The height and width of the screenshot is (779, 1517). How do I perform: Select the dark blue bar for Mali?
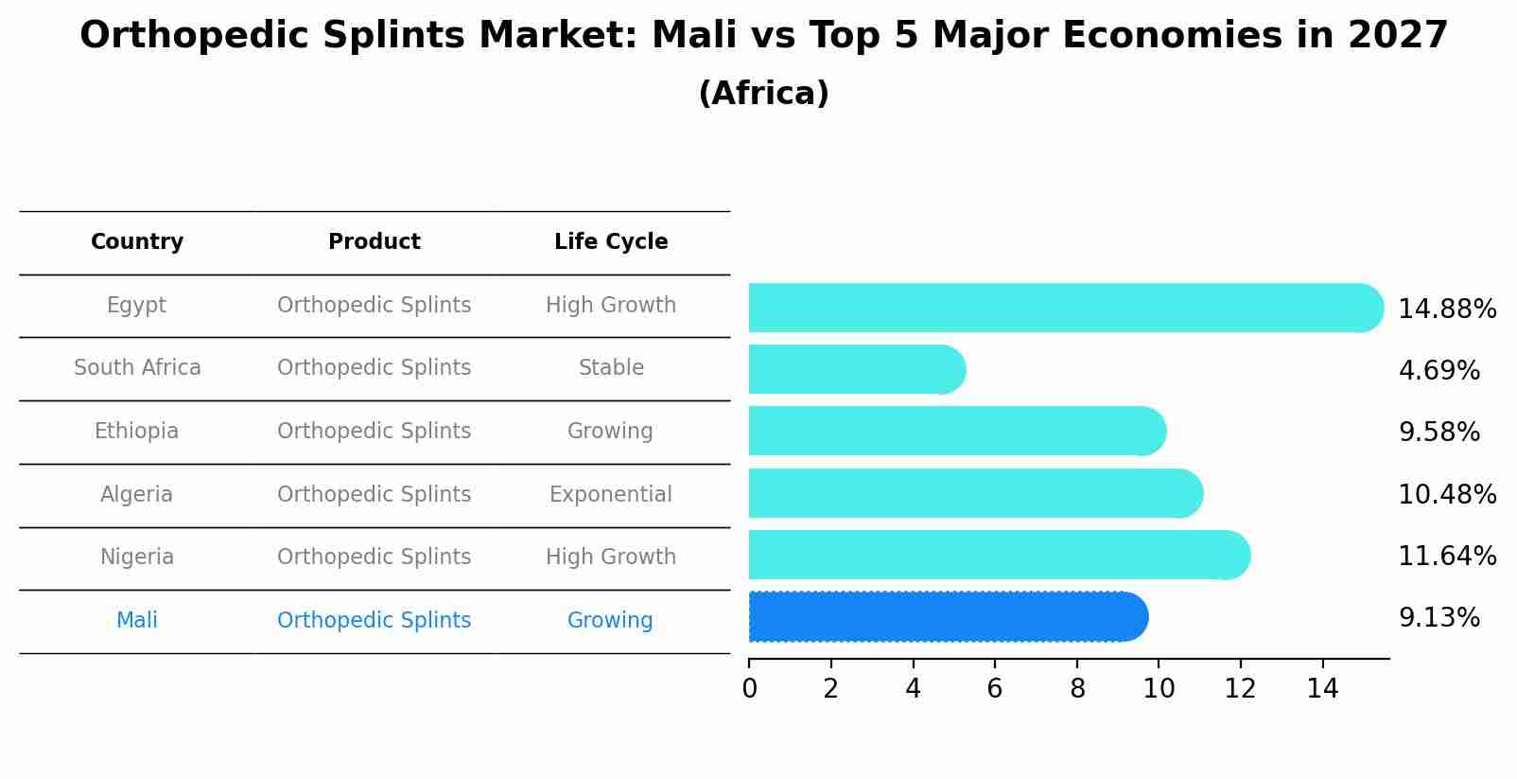[946, 617]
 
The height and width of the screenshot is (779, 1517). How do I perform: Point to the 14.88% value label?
[1447, 310]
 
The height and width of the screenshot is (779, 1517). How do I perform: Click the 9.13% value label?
[1439, 618]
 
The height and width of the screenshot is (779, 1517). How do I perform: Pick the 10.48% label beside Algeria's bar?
[1447, 495]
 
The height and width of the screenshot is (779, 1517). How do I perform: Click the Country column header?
[137, 242]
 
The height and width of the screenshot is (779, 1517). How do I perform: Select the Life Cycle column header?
[611, 242]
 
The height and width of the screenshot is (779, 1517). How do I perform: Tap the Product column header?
[374, 242]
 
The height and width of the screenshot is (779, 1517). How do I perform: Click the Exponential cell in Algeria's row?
[611, 495]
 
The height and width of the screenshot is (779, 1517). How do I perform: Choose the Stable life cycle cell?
[611, 368]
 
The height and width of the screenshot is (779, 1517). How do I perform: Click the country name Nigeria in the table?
[137, 558]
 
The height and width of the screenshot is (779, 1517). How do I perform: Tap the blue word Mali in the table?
[137, 621]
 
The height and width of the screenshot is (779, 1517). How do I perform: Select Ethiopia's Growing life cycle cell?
[610, 432]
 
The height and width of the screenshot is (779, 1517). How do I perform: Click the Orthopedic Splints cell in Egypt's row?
[374, 306]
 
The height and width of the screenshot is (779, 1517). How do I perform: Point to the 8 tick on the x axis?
[1077, 689]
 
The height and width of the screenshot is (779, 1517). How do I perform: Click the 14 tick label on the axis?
[1322, 689]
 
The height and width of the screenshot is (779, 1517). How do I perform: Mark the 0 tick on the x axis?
[749, 689]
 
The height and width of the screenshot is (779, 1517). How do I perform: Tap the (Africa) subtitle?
[763, 94]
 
